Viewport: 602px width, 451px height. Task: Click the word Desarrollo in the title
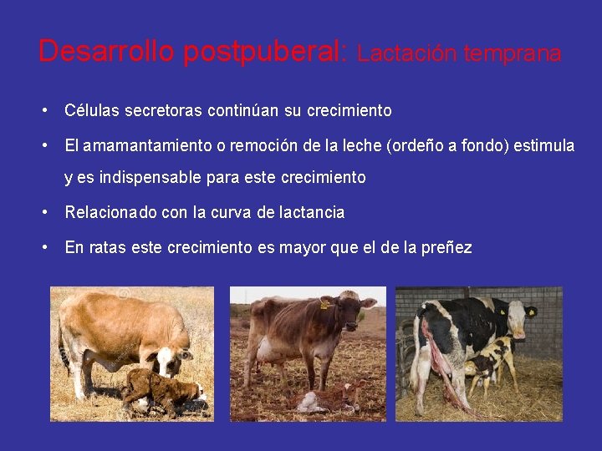[106, 52]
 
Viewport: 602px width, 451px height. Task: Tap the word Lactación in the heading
[408, 54]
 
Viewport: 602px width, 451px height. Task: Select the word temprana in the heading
[513, 54]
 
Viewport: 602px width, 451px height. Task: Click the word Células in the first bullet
[89, 110]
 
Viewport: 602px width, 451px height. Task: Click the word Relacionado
[110, 212]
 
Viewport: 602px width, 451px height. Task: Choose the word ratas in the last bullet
[107, 247]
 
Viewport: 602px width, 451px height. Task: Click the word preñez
[447, 247]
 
